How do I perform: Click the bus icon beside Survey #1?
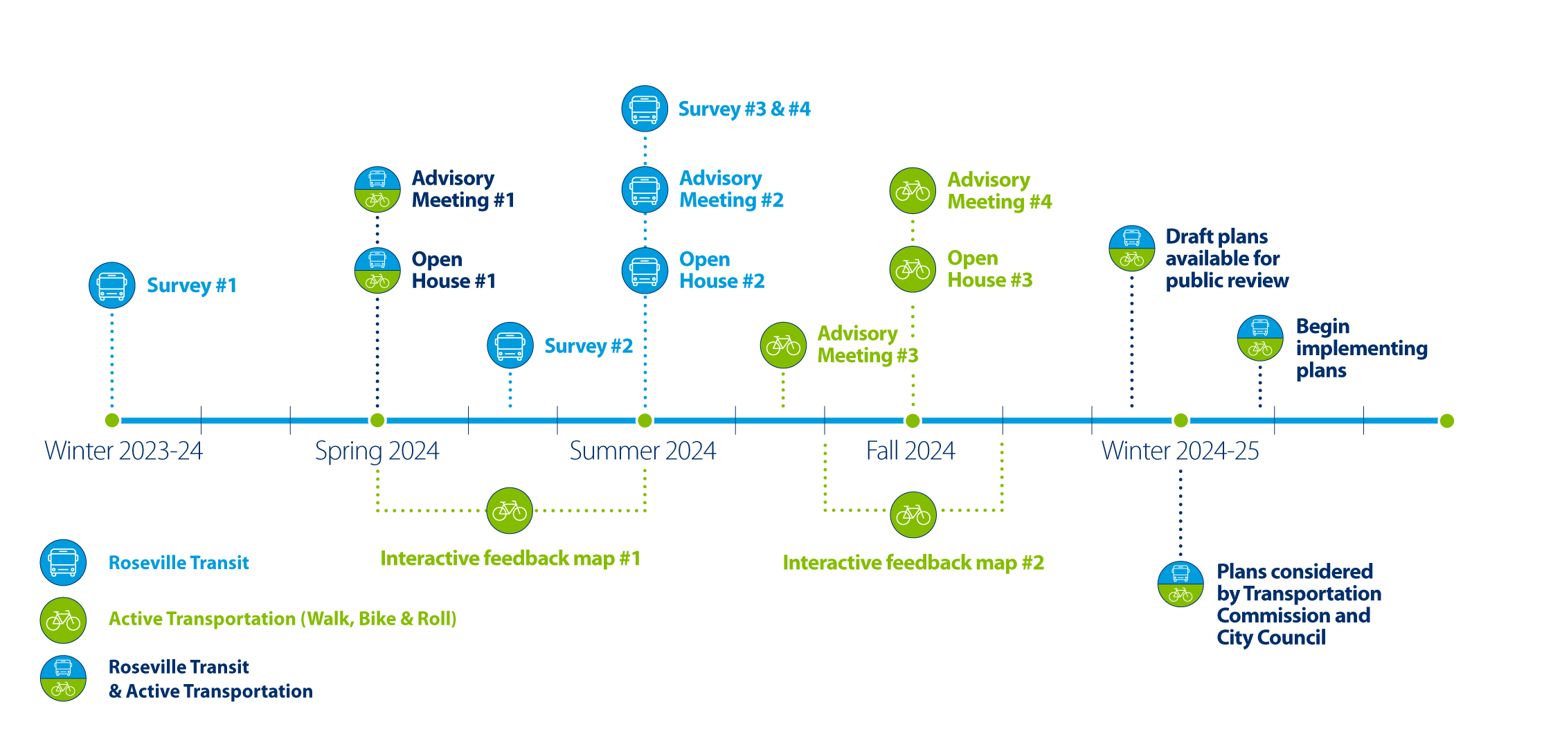pos(111,285)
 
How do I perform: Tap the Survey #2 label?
pos(588,345)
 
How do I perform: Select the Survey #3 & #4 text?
pos(744,109)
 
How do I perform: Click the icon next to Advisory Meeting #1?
pos(377,189)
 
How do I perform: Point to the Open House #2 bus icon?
pos(645,270)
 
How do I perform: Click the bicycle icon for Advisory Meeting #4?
pos(913,190)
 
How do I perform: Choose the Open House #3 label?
pos(989,269)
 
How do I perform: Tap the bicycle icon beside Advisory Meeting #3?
pos(783,344)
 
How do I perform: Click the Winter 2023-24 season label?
pos(123,451)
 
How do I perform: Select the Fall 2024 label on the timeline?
pos(910,451)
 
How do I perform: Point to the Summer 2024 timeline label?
pos(643,451)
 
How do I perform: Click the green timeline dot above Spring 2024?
pos(377,420)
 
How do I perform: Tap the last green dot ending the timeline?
pos(1446,420)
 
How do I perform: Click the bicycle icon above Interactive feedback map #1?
pos(510,511)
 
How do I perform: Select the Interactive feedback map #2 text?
pos(913,562)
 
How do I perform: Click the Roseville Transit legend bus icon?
pos(63,562)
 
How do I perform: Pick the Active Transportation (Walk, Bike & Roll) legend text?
pos(282,618)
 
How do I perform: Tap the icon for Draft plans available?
pos(1131,248)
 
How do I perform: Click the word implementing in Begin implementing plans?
pos(1361,348)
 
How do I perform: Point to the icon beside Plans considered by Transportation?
pos(1181,584)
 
